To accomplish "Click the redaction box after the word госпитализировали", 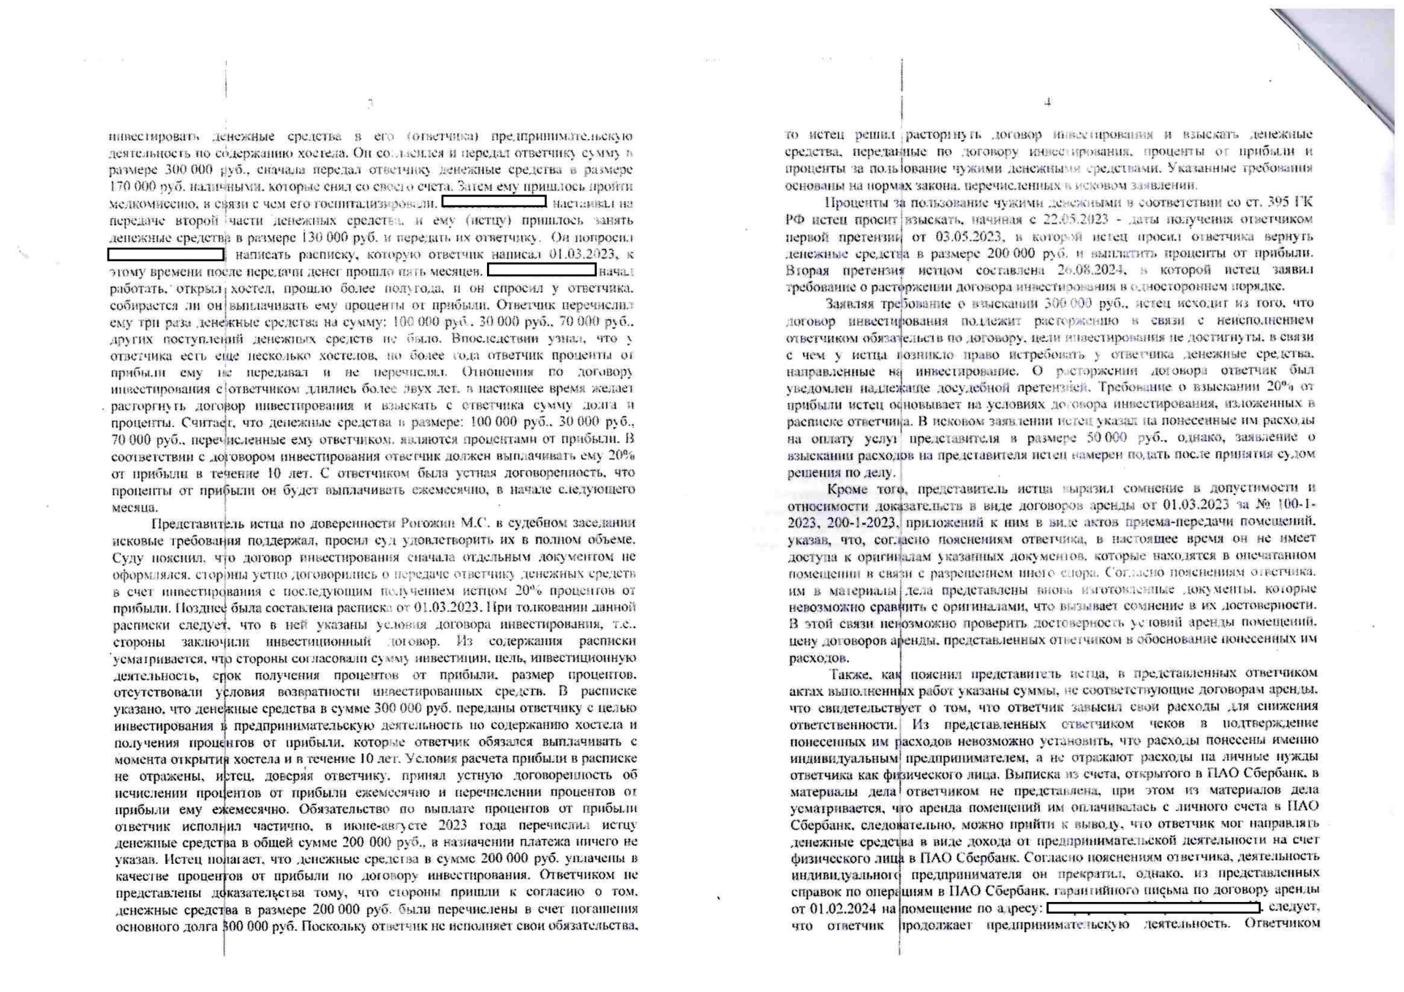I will pos(494,202).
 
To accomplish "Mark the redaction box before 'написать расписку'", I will pos(166,254).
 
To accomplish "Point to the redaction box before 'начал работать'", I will pos(542,270).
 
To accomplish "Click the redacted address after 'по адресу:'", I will pos(1153,907).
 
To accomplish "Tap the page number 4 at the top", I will pos(1048,102).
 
